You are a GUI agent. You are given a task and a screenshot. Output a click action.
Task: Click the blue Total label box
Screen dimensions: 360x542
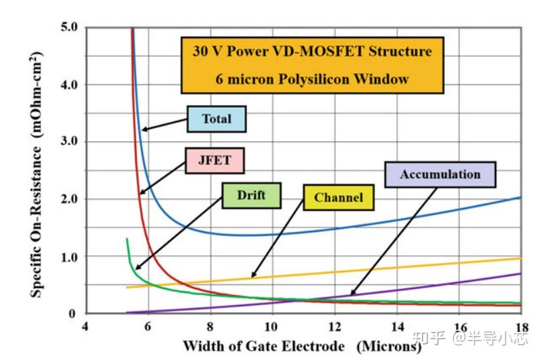tap(216, 119)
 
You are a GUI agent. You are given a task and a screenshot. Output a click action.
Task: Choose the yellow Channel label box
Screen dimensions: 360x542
tap(338, 197)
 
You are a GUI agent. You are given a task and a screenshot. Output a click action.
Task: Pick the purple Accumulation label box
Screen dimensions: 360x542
tap(440, 174)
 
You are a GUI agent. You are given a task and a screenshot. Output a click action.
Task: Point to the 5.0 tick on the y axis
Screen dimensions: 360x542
tap(68, 27)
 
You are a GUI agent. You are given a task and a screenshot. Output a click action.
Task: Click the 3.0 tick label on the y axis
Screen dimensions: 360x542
tap(68, 141)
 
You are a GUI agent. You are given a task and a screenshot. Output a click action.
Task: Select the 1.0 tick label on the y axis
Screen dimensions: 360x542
tap(68, 256)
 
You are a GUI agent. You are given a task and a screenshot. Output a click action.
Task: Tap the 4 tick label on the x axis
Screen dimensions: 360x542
tap(85, 326)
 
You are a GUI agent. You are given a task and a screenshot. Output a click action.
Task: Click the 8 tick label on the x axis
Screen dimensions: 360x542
tap(210, 326)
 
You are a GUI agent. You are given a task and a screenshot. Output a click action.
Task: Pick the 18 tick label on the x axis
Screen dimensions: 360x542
tap(521, 326)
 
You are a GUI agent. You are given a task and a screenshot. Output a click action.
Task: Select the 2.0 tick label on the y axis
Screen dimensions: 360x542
tap(68, 199)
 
